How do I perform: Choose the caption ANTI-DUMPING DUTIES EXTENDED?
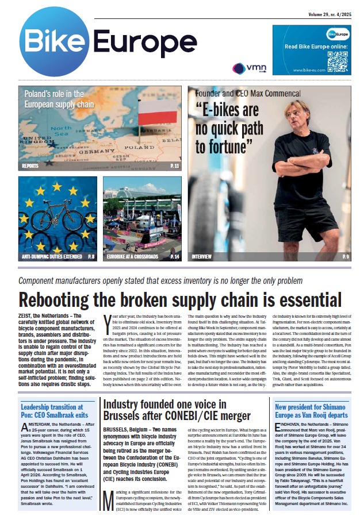(51, 256)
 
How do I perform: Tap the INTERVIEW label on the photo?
(202, 256)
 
